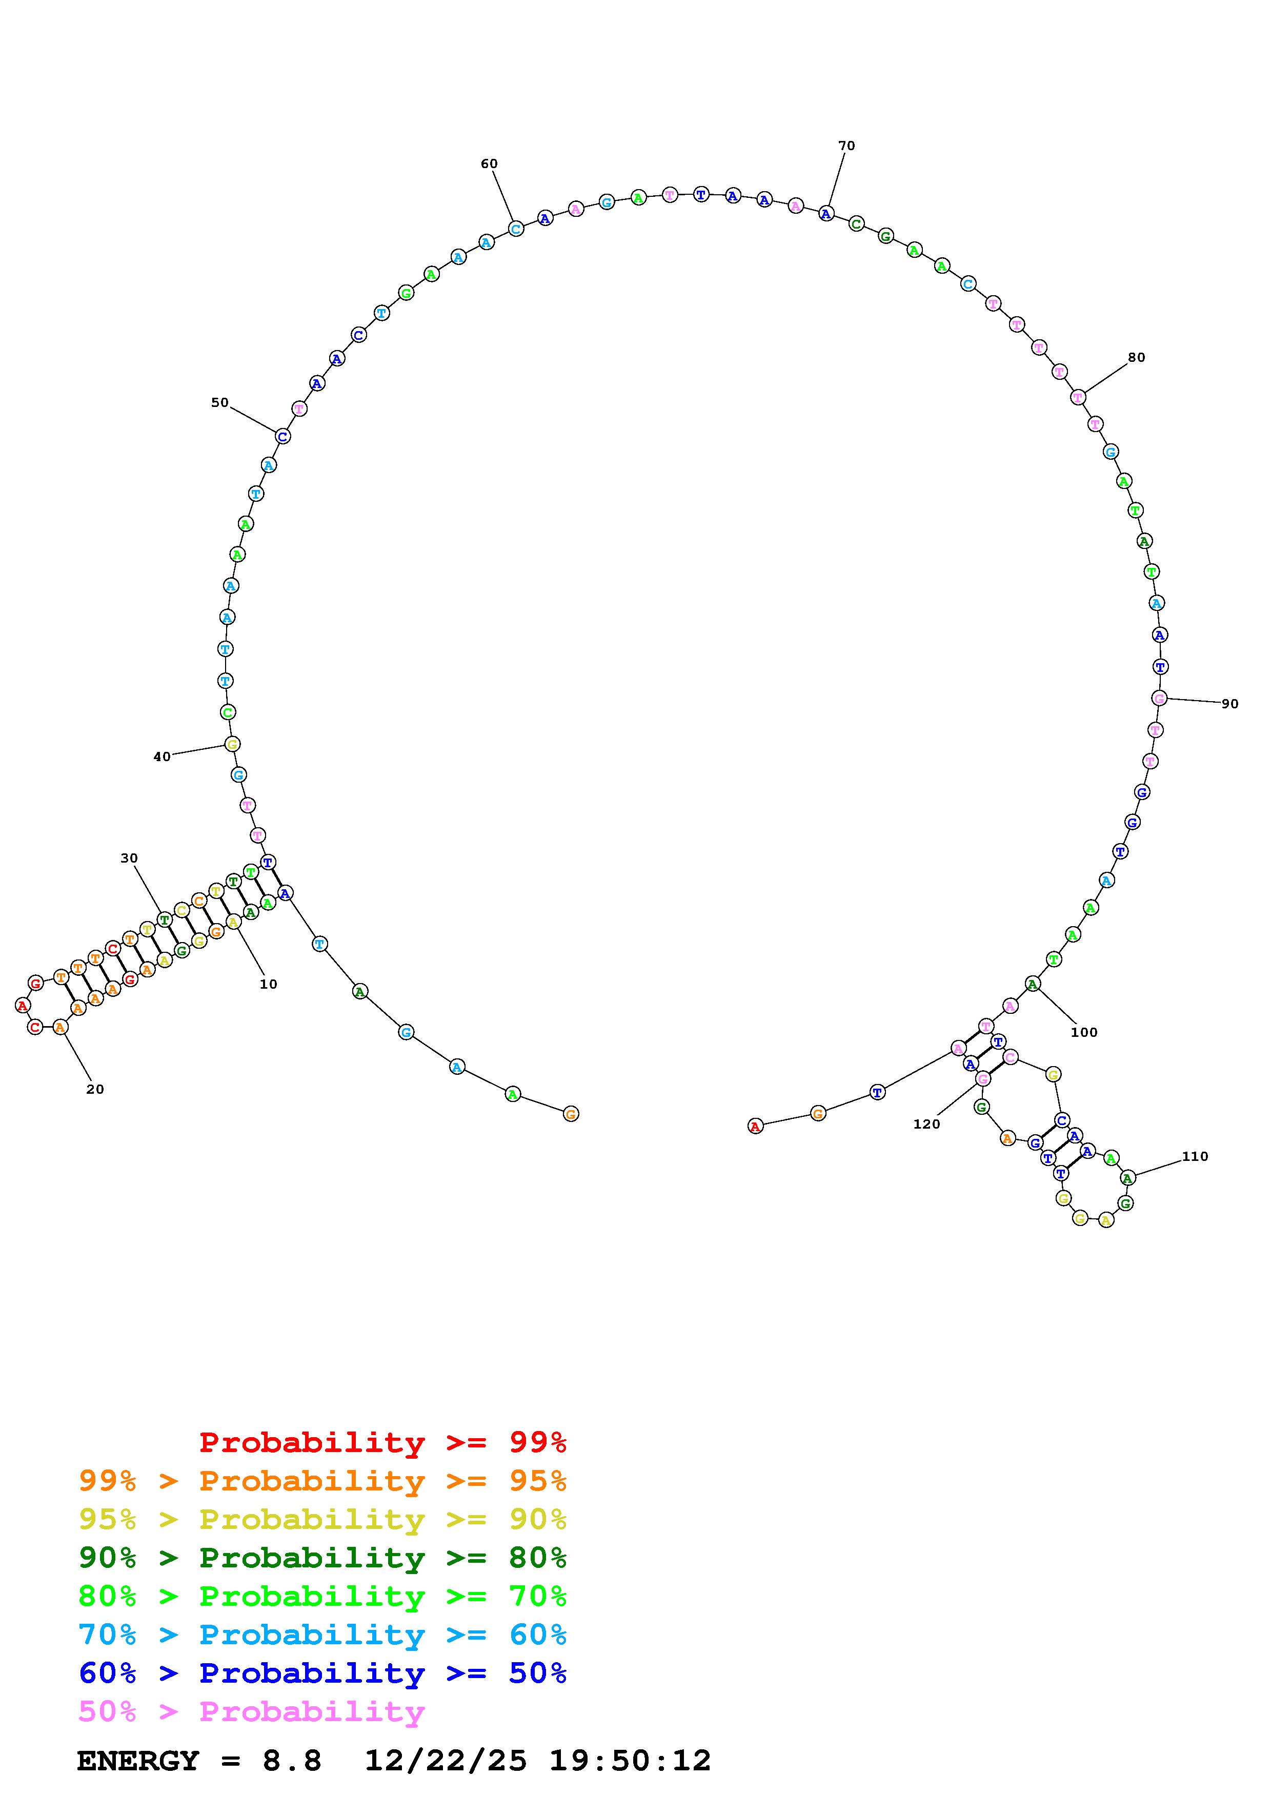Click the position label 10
(x=269, y=985)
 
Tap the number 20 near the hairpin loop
(x=95, y=1089)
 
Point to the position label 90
(x=1230, y=704)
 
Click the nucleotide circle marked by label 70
(x=826, y=213)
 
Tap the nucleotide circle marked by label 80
(x=1078, y=397)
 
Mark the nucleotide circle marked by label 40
(x=233, y=744)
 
